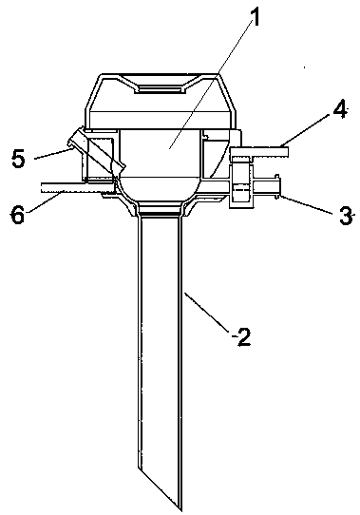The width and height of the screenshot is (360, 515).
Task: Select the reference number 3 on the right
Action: [345, 216]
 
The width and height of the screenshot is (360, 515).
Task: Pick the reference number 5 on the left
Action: [19, 159]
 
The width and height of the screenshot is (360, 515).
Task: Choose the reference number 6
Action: [18, 215]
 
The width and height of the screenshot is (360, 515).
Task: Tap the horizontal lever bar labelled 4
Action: [259, 152]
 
